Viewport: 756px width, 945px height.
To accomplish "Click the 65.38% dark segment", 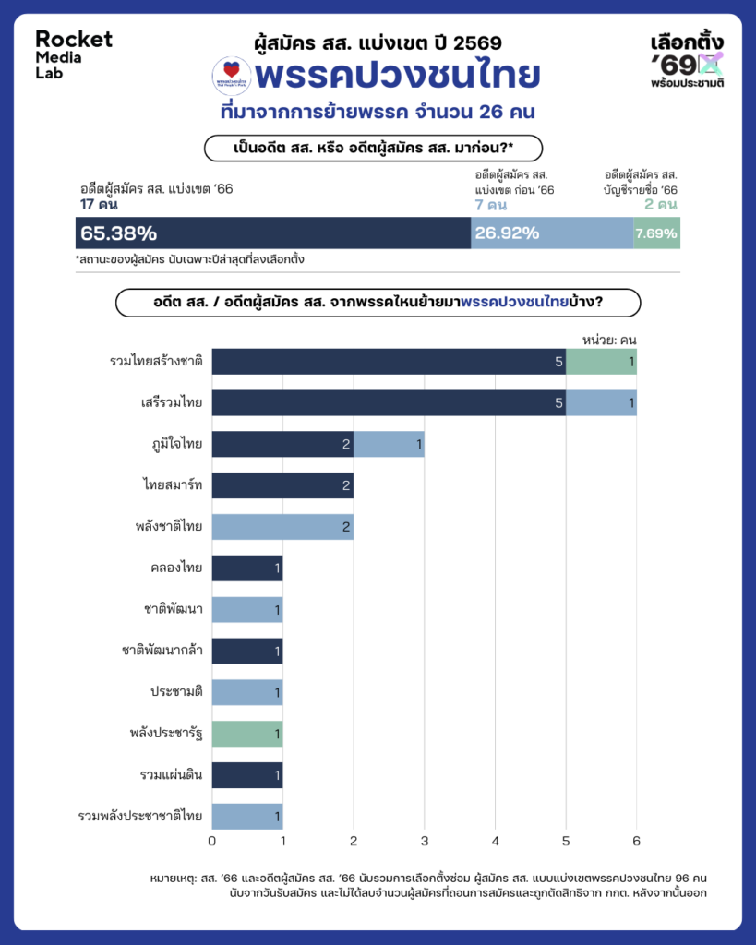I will (x=273, y=233).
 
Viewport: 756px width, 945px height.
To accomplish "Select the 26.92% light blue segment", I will (x=552, y=233).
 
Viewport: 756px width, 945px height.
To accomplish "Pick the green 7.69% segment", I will (x=656, y=233).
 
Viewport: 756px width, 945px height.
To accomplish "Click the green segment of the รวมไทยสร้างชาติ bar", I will (x=601, y=362).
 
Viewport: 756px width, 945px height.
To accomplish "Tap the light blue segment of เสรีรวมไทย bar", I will (x=601, y=403).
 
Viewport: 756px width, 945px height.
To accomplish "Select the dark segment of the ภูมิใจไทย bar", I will (x=282, y=445).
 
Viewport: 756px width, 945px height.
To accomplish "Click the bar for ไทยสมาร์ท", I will (x=282, y=485).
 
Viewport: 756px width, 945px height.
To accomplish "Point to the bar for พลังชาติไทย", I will (x=282, y=527).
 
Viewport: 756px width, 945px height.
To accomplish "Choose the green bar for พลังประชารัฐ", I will (x=247, y=734).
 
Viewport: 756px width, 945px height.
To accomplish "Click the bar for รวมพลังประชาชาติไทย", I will (x=247, y=816).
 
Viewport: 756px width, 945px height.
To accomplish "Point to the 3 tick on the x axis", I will (x=425, y=841).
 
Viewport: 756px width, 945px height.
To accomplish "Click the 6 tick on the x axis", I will (x=636, y=841).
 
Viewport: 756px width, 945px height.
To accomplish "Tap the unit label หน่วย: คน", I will (x=609, y=339).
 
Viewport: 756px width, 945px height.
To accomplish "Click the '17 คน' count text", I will (x=100, y=204).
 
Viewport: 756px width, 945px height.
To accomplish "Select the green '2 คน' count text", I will (x=661, y=204).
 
